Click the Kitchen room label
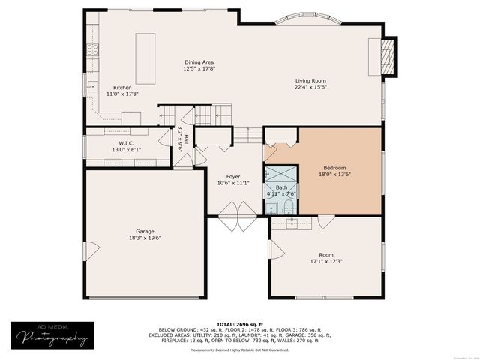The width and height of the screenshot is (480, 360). [x=122, y=88]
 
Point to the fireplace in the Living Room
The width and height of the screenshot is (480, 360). [x=385, y=57]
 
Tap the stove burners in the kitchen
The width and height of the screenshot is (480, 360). [x=94, y=51]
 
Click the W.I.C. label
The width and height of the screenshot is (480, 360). [x=125, y=142]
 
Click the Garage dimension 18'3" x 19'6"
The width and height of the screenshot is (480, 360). [x=145, y=238]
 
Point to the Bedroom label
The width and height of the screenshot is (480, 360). [x=334, y=168]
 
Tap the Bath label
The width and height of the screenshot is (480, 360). [x=281, y=187]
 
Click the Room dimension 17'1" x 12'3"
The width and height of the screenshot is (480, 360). [x=325, y=262]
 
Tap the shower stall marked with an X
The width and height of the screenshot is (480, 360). [x=271, y=174]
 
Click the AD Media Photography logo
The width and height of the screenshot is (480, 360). [x=49, y=335]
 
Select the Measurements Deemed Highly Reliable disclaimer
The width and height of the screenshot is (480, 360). [x=240, y=349]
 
